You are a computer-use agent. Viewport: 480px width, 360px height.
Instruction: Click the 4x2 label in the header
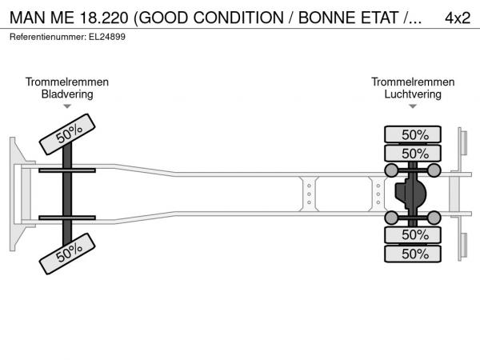click(x=458, y=18)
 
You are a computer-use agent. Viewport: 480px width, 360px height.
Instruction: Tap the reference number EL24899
click(x=107, y=37)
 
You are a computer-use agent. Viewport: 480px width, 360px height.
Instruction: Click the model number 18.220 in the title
click(x=104, y=18)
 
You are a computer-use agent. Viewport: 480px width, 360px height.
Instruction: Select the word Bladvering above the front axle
click(x=67, y=94)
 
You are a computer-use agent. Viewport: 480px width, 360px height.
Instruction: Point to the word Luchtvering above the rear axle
click(x=413, y=94)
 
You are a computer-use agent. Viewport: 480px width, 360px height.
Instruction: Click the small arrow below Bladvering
click(x=67, y=106)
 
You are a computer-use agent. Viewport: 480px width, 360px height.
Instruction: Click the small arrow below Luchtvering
click(x=413, y=106)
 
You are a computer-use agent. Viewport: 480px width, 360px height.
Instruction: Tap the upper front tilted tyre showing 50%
click(x=67, y=134)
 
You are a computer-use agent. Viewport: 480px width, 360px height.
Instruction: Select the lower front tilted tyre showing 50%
click(x=67, y=254)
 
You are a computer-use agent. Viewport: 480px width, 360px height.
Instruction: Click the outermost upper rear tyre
click(x=413, y=134)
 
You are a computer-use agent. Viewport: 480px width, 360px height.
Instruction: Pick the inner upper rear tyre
click(x=413, y=154)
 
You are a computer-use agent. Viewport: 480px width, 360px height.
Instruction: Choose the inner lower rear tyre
click(x=413, y=235)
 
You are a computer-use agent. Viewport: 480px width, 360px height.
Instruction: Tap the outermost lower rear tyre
click(x=413, y=254)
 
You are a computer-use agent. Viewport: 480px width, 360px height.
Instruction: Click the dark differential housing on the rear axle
click(x=410, y=194)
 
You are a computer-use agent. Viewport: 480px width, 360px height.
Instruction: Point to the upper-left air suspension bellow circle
click(x=391, y=170)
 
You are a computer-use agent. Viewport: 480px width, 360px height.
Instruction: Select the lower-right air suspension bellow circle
click(x=434, y=218)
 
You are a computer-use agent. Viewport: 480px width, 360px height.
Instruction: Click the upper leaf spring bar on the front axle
click(x=67, y=170)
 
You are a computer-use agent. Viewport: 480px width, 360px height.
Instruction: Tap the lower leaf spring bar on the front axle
click(x=67, y=218)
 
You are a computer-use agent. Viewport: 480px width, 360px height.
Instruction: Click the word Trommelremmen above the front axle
click(x=67, y=82)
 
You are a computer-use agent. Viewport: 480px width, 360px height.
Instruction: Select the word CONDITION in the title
click(x=238, y=18)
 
